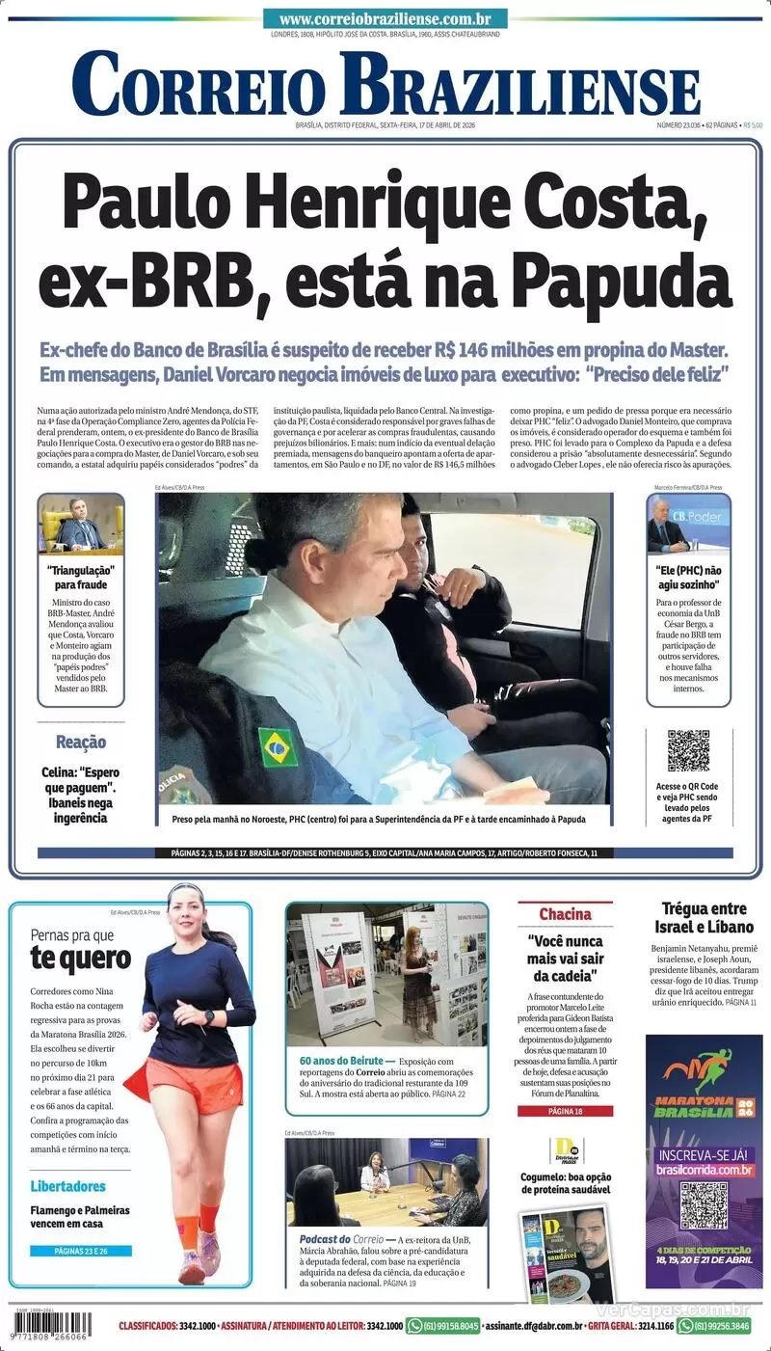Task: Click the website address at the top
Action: [x=385, y=18]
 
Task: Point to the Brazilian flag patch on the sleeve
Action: [x=278, y=746]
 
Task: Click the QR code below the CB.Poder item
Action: [x=688, y=751]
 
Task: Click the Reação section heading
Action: [x=81, y=743]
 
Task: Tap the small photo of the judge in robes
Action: [x=81, y=526]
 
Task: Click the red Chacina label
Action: [x=565, y=914]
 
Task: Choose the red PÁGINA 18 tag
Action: [x=565, y=1111]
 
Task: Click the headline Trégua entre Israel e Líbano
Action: [x=704, y=917]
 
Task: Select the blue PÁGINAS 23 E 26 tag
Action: [x=80, y=1251]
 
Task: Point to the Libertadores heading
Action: [x=67, y=1186]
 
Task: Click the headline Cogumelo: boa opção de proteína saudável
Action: [x=566, y=1183]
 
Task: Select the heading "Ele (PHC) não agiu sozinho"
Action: [x=688, y=578]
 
